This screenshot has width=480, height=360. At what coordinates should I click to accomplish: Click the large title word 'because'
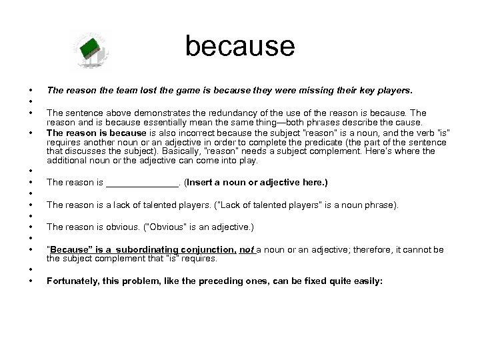point(239,46)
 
